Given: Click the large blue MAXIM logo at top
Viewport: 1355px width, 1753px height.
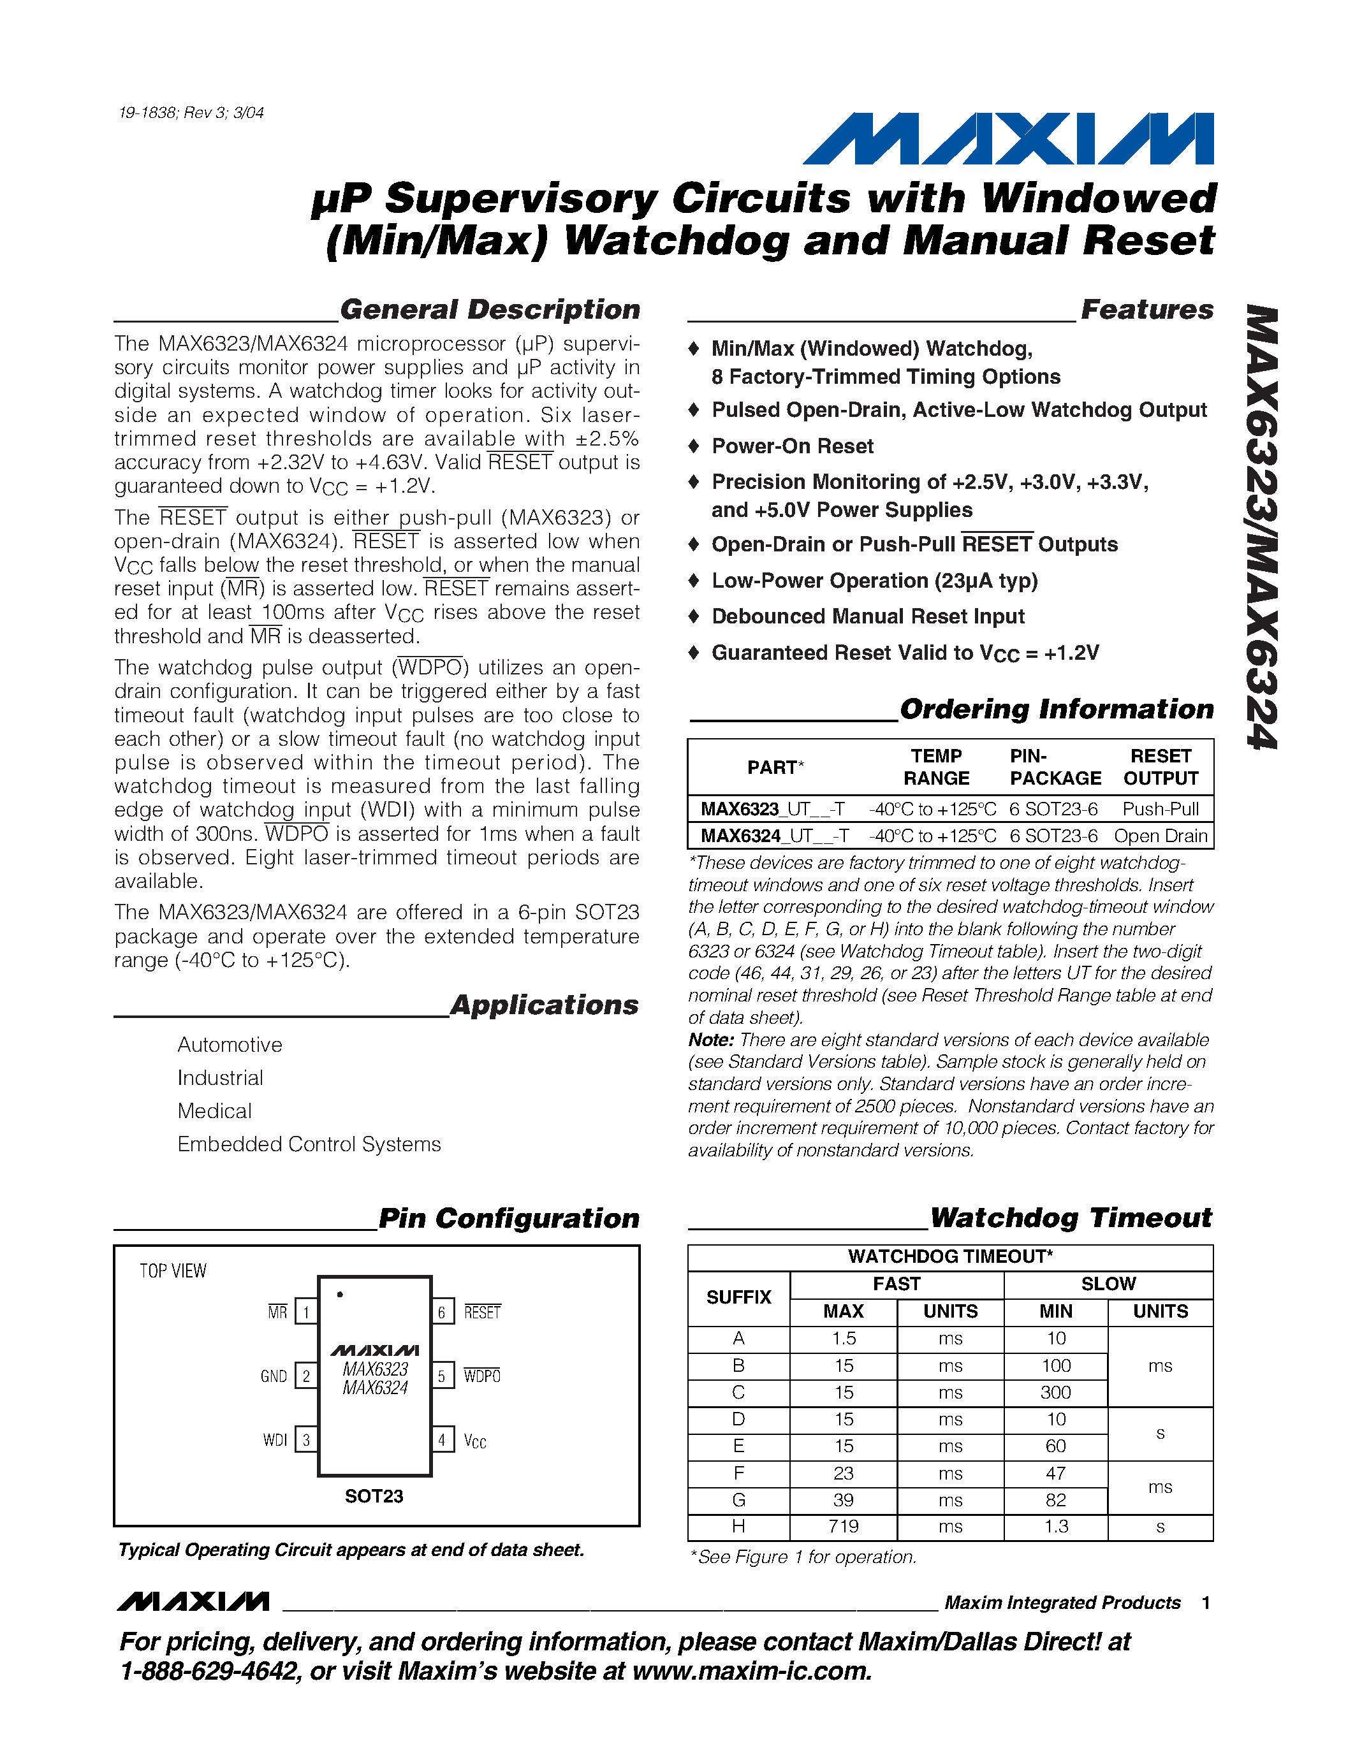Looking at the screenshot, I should [1008, 139].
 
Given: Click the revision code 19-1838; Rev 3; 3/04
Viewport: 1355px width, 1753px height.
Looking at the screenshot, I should [191, 112].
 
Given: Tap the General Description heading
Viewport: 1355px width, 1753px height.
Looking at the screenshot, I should [490, 310].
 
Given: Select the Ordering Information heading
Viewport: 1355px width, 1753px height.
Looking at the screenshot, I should [1057, 709].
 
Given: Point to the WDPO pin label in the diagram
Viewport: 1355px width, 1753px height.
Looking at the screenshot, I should [481, 1376].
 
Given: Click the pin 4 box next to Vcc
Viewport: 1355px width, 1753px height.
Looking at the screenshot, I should [441, 1439].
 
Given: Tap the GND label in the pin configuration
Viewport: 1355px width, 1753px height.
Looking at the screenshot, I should [274, 1376].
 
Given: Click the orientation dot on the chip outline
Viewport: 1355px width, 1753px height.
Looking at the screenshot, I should [341, 1294].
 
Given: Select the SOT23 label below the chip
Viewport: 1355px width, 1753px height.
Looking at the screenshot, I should [374, 1496].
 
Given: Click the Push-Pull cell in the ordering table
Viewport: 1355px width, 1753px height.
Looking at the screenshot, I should [1160, 809].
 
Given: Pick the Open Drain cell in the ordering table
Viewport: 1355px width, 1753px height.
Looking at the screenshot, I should [1160, 836].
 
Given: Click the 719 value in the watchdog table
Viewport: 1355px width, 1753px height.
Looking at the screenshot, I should [844, 1526].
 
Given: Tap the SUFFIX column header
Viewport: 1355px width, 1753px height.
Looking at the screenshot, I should [738, 1297].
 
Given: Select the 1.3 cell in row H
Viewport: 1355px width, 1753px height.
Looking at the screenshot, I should [1055, 1526].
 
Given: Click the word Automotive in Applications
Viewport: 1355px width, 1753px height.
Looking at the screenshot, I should [230, 1044].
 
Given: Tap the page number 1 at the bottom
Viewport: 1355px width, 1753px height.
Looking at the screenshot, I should [1206, 1603].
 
